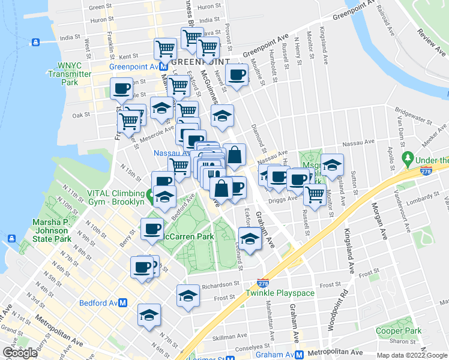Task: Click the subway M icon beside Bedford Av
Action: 122,303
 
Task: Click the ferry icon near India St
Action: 35,41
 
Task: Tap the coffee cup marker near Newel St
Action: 237,75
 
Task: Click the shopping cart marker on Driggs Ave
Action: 315,194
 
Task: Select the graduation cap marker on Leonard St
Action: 250,238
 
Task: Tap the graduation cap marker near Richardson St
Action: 188,295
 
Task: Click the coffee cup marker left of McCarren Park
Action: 152,229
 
